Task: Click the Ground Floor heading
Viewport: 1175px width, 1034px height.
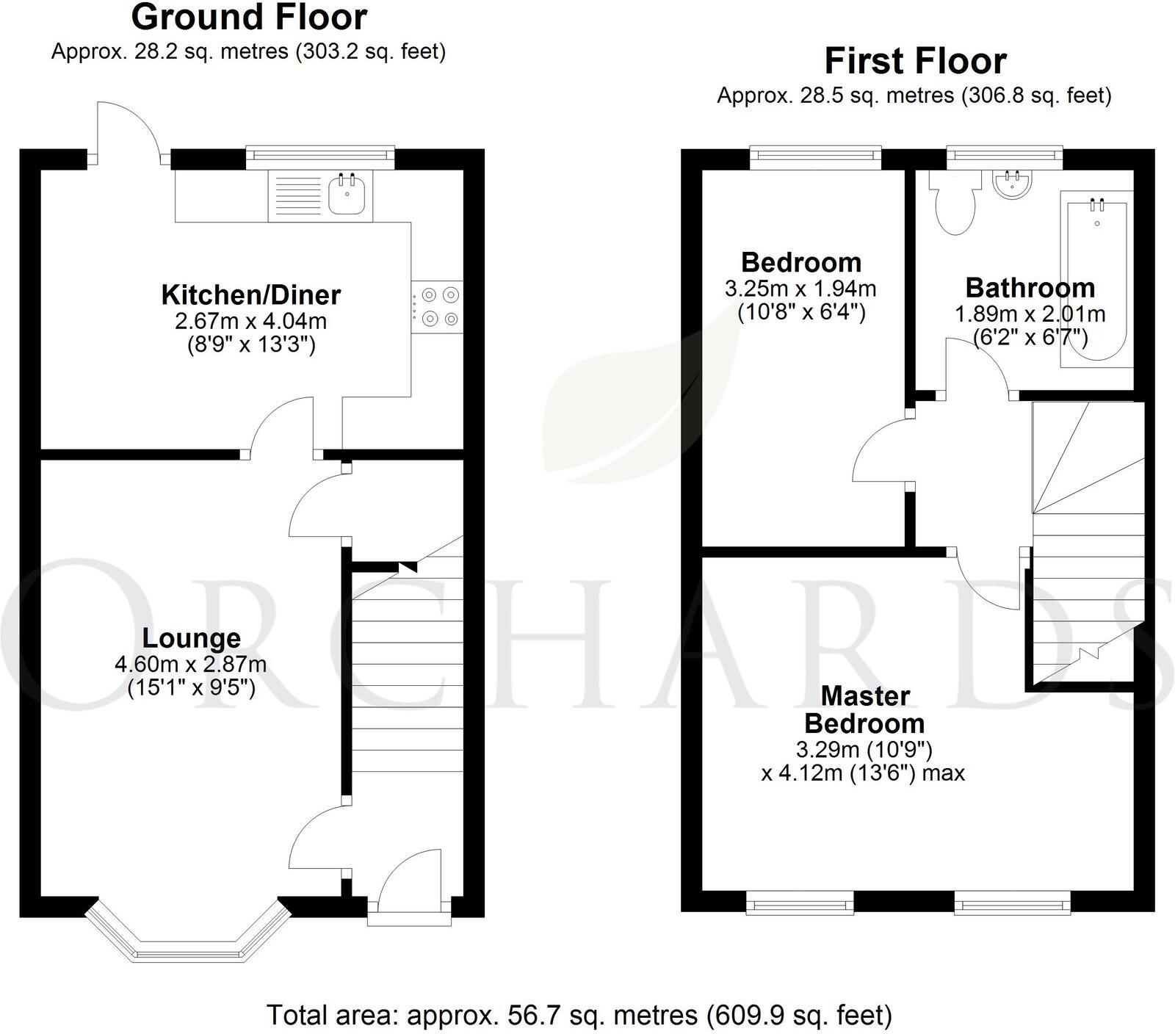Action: click(249, 17)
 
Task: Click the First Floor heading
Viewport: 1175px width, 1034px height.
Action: click(914, 61)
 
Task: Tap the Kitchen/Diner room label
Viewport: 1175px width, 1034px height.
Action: click(250, 295)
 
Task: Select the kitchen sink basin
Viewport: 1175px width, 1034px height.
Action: click(347, 195)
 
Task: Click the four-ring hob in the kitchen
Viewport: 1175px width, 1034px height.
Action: click(438, 307)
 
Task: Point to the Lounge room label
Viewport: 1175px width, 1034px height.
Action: click(191, 639)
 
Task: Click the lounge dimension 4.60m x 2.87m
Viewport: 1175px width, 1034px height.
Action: click(190, 665)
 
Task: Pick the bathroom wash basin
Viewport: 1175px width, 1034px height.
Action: click(1012, 184)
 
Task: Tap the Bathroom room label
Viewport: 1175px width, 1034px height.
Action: click(1030, 287)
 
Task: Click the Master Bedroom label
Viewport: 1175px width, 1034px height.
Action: click(864, 709)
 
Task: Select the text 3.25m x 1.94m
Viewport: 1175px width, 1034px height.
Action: click(800, 289)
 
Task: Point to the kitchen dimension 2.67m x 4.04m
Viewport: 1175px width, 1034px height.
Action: click(250, 321)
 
